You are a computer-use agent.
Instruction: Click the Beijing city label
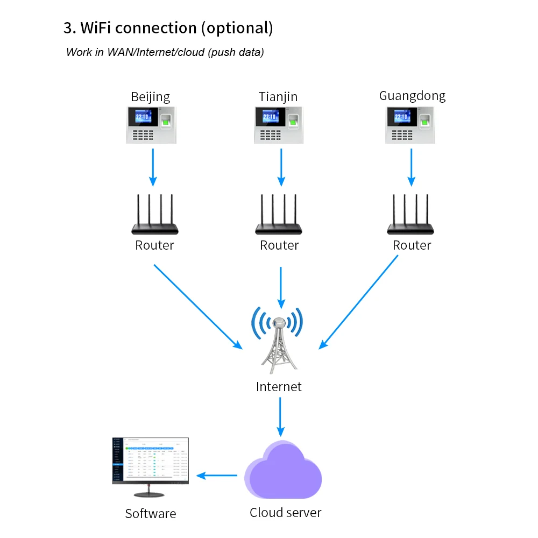point(151,97)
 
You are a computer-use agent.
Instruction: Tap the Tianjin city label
point(278,97)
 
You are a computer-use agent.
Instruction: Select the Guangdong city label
point(412,96)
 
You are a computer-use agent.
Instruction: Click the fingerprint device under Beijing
point(151,125)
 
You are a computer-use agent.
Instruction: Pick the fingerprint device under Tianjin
point(279,125)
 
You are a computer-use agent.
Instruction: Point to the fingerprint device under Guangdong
point(410,125)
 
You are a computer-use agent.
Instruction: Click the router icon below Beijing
point(154,215)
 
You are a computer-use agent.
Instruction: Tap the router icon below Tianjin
point(279,215)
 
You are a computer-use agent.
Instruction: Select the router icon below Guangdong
point(410,215)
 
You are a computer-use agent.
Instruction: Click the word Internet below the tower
point(279,386)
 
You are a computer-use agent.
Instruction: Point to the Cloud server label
point(285,513)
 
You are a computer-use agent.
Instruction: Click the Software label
point(151,514)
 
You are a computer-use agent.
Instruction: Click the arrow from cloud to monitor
point(217,476)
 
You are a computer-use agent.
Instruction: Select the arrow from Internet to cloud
point(280,416)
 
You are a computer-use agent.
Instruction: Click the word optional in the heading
point(237,28)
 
